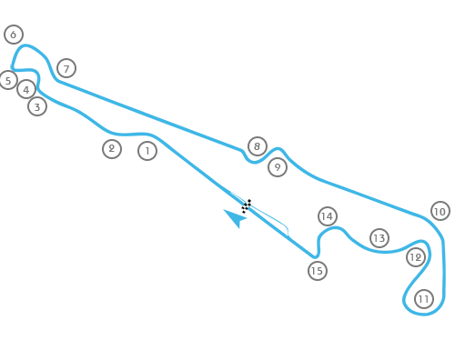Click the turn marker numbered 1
click(147, 151)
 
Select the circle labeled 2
click(112, 149)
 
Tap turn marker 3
click(36, 106)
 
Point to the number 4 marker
click(26, 89)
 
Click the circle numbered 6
click(14, 35)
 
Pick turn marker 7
click(66, 68)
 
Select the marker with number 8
click(258, 146)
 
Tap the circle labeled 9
click(278, 167)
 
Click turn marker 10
click(440, 211)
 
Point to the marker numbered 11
click(424, 299)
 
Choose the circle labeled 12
click(416, 257)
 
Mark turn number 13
click(379, 238)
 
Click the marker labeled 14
click(328, 216)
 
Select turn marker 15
click(317, 270)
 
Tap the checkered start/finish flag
click(246, 206)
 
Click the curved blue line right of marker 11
click(443, 273)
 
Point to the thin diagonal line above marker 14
click(328, 182)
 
